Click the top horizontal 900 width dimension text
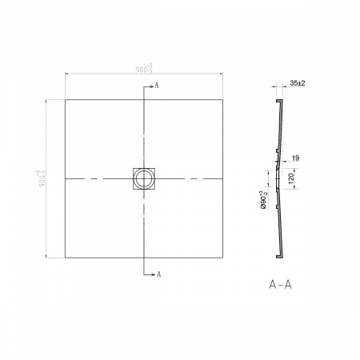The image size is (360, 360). coord(144,70)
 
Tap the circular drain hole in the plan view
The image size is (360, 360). coord(144,178)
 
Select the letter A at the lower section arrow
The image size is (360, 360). coord(160,274)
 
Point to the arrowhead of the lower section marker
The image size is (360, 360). coord(154,274)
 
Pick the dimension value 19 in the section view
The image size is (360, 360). coord(295,158)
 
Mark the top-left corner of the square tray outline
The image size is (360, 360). coord(64,99)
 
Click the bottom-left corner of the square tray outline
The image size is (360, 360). coord(64,258)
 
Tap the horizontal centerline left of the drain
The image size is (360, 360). coord(96,178)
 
